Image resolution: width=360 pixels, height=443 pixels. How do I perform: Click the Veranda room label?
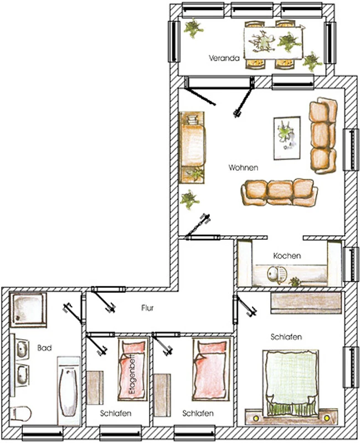click(224, 58)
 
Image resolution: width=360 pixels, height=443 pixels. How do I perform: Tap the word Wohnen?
click(243, 168)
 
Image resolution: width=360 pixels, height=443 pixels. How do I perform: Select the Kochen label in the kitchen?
click(287, 256)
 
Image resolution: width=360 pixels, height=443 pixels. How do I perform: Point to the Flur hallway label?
click(147, 308)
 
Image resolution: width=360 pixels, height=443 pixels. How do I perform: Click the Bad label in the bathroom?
click(45, 348)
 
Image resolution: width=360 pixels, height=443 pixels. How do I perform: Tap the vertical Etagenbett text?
click(132, 375)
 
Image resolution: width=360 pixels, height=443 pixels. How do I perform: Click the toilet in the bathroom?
click(20, 414)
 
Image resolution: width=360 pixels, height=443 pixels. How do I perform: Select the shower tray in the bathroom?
click(28, 310)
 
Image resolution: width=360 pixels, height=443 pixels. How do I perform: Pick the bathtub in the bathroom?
click(68, 391)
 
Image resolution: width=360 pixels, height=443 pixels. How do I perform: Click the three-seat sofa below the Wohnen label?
click(279, 192)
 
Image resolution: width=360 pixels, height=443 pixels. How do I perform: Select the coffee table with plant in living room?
click(287, 138)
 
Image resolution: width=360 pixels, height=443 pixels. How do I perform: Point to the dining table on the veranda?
click(274, 43)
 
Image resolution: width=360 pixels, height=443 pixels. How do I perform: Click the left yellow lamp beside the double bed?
click(256, 418)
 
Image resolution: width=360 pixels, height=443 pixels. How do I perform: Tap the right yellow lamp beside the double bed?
click(327, 418)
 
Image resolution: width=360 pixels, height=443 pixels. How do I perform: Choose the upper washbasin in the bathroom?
click(22, 349)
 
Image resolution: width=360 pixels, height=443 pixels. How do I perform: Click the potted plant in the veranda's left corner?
click(193, 28)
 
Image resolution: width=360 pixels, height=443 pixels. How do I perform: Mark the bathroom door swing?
click(74, 313)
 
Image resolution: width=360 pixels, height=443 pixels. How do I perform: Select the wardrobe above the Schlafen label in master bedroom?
click(306, 303)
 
